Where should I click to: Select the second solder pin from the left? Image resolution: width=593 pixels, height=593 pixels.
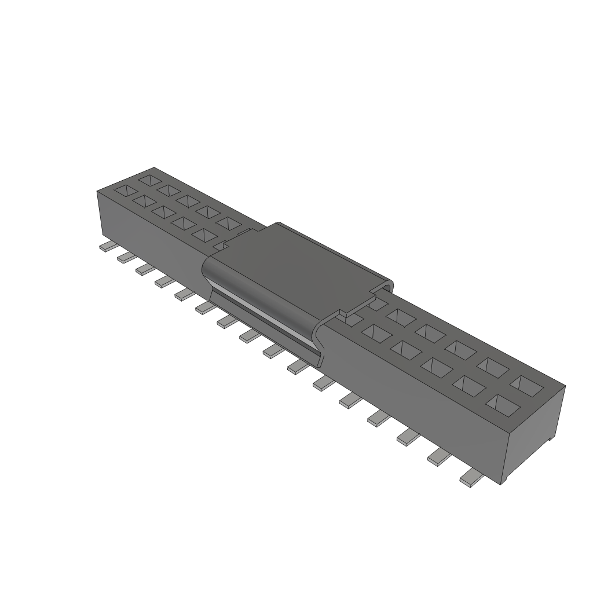click(126, 258)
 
